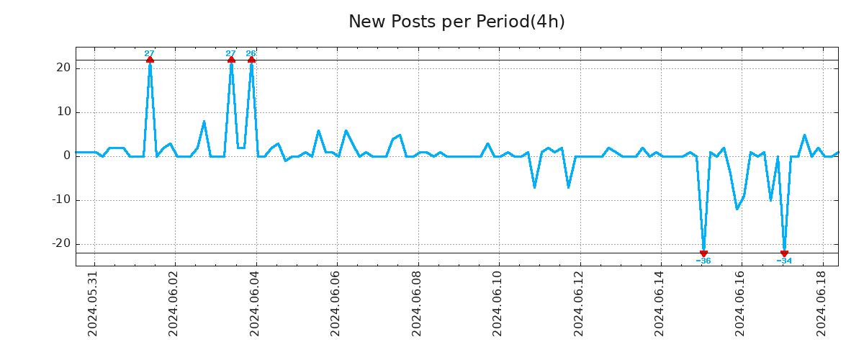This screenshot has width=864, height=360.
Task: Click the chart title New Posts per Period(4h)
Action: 456,22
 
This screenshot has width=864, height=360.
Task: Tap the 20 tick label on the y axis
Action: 63,68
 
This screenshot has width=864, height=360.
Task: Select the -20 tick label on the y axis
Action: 60,243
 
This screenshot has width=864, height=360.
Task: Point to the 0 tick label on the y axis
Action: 66,156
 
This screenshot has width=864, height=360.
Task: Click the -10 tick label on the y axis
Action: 60,199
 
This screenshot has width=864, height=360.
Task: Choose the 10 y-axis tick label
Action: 63,112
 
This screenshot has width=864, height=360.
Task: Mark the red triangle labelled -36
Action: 703,253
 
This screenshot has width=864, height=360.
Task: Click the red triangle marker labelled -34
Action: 784,253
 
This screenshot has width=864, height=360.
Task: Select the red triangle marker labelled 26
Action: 251,60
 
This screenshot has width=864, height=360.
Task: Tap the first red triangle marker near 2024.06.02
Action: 150,60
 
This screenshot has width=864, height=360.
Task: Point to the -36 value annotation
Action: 703,261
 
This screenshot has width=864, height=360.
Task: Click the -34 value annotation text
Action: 784,261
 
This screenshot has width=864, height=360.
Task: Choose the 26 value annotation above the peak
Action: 251,53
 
